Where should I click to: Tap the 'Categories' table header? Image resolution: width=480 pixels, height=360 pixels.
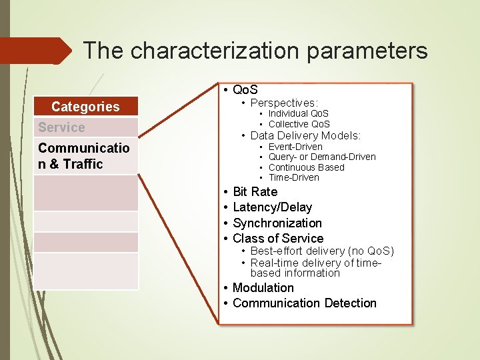(85, 107)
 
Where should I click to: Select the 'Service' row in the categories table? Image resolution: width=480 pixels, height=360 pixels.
(62, 127)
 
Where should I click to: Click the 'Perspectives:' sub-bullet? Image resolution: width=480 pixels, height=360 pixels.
(284, 103)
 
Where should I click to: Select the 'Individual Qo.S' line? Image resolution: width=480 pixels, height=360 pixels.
(298, 114)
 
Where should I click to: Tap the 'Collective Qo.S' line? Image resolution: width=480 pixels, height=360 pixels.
(299, 124)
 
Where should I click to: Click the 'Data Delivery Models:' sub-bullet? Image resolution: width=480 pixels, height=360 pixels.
(305, 135)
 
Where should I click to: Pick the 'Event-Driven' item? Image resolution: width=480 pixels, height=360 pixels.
(295, 147)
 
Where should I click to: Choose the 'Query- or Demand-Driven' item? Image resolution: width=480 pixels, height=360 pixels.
(322, 157)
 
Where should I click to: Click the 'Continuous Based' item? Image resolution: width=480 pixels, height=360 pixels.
(306, 167)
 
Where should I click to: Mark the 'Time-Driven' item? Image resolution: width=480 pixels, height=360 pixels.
(293, 177)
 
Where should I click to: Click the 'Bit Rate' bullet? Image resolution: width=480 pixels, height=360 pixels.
(255, 192)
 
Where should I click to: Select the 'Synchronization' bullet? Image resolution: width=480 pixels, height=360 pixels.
(277, 223)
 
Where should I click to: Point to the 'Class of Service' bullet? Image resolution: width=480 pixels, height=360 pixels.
(278, 238)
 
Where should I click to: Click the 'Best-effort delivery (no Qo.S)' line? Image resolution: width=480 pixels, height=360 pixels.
(322, 251)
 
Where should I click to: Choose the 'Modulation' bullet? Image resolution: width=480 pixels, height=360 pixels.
(263, 287)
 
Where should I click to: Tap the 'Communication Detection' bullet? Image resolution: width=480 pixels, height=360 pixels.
(304, 303)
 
